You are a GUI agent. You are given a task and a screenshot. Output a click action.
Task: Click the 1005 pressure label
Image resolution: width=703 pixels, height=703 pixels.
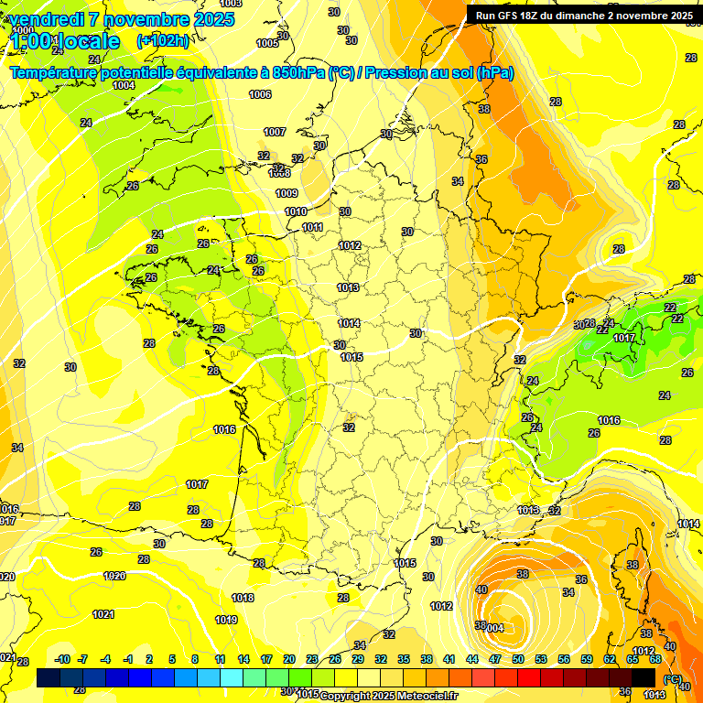pos(267,43)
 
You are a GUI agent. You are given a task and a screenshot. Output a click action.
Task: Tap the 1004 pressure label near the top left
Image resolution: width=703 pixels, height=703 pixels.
pos(124,85)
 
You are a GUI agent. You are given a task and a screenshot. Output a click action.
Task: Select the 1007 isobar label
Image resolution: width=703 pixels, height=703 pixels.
pos(275,132)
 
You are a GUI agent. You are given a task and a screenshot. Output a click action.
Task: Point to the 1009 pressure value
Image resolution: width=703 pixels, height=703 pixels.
pos(287,193)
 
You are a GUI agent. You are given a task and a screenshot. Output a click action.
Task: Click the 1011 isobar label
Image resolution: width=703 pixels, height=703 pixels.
pos(312,227)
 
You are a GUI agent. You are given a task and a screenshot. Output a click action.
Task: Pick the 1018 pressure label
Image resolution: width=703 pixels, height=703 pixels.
pos(243,598)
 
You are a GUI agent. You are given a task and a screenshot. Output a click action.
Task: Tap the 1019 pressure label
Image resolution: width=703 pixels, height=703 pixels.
pos(226,620)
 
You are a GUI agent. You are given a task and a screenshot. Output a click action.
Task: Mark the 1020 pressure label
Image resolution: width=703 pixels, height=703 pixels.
pos(114,576)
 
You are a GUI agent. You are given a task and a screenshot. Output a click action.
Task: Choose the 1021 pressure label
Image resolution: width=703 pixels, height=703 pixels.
pos(103,614)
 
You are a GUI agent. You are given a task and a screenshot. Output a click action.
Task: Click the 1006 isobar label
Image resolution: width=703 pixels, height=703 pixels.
pos(260,94)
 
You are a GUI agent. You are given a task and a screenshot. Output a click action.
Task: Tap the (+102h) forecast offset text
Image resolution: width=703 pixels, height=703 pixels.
pos(163,40)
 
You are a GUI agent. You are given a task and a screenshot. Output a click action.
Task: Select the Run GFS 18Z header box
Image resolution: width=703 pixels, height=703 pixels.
pos(583,15)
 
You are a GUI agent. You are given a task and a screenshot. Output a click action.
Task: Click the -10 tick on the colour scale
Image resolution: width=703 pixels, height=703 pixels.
pos(62,659)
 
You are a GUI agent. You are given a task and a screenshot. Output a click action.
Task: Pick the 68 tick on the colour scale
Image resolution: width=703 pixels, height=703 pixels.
pos(655,659)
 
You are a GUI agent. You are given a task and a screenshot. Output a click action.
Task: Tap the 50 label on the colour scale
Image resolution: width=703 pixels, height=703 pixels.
pos(518,659)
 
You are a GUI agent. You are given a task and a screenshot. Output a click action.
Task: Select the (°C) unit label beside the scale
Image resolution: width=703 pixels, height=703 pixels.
pos(671,677)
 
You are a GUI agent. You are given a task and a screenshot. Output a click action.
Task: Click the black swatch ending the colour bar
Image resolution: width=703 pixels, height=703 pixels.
pos(644,677)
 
